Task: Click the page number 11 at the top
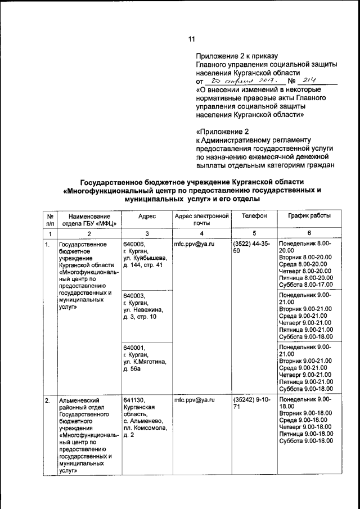[x=191, y=39]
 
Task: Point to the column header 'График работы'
[x=309, y=216]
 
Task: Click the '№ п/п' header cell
[x=50, y=220]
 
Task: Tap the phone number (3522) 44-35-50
[x=251, y=249]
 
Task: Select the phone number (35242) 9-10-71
[x=251, y=403]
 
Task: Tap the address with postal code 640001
[x=144, y=358]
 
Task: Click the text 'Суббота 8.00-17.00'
[x=306, y=285]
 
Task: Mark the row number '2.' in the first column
[x=48, y=400]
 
